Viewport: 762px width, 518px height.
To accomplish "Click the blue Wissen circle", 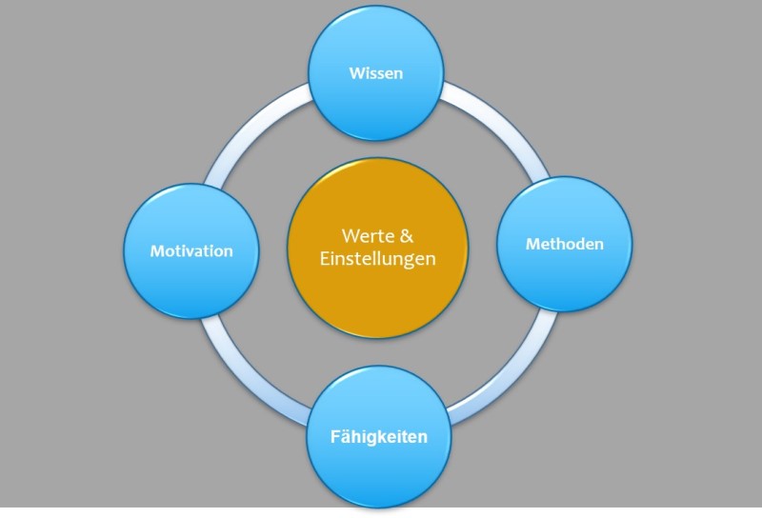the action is point(376,73).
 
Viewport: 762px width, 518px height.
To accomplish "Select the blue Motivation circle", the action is point(191,251).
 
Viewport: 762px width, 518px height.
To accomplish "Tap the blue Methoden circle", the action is point(565,244).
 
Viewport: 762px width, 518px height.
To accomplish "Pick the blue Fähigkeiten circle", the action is point(378,437).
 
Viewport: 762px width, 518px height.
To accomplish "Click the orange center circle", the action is point(377,248).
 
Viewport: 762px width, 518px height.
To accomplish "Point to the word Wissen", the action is point(376,73).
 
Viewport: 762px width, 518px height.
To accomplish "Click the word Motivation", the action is point(191,251).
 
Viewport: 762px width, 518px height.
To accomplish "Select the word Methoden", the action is point(565,244).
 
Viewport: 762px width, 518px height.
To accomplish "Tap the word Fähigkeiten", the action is point(379,437).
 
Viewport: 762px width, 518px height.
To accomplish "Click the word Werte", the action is point(368,236).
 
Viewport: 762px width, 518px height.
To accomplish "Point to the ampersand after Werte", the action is point(407,236).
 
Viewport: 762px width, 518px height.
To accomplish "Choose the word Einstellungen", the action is point(377,259).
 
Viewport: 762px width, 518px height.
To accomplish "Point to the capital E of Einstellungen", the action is point(324,258).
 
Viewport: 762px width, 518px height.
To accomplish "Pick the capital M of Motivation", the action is point(157,250).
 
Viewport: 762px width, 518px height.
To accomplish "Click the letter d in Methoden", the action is point(577,244).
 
